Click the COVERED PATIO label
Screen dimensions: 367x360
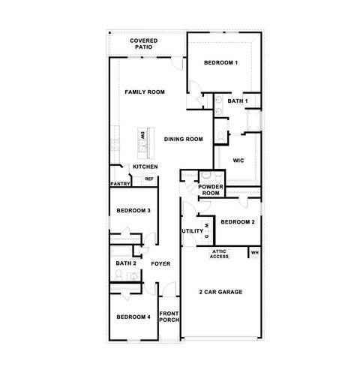[x=142, y=44]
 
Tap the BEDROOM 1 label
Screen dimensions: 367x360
[x=220, y=62]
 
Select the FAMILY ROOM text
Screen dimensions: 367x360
[x=145, y=92]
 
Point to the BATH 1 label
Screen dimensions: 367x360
[x=238, y=101]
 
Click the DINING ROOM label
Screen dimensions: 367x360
[x=184, y=139]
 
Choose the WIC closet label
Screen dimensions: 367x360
[x=239, y=160]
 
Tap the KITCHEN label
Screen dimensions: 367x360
[x=145, y=167]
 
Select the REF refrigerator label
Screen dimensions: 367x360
[x=148, y=179]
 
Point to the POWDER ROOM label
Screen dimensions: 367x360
[x=211, y=190]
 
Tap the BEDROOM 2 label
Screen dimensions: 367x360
[x=238, y=222]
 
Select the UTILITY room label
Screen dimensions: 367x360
[x=192, y=231]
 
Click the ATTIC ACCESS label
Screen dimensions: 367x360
[x=219, y=254]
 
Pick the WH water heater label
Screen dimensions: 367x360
[x=254, y=252]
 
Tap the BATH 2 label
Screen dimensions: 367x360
[x=126, y=263]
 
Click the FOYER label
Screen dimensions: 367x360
[x=160, y=263]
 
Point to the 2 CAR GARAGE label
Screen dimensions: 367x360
[x=221, y=291]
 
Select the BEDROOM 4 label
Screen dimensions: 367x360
[x=133, y=317]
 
